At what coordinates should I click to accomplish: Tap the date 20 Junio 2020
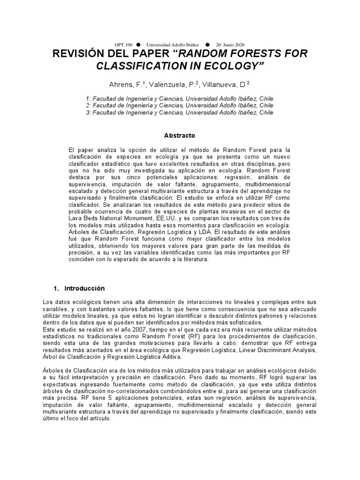tap(231, 44)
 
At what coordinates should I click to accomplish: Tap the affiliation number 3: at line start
tap(89, 112)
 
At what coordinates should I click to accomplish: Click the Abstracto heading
tap(180, 135)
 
